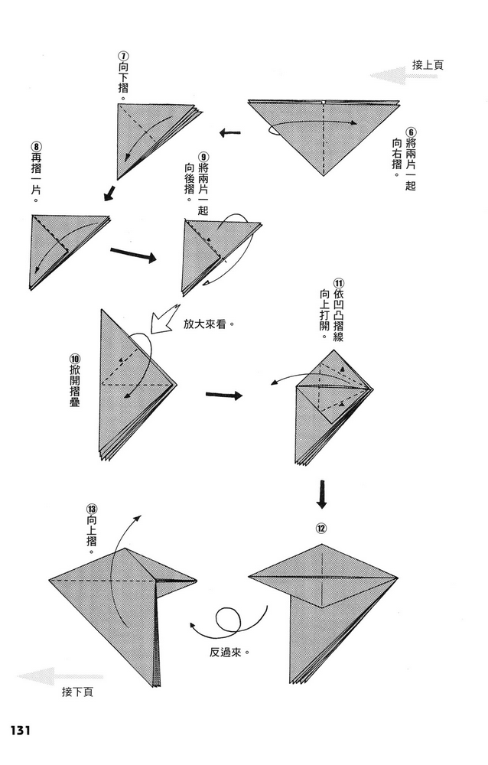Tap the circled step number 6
(411, 132)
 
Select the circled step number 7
(125, 56)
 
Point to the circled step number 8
(37, 146)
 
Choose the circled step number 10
(75, 357)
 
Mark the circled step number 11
(338, 284)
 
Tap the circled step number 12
(321, 529)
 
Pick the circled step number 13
(92, 508)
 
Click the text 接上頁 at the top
(428, 65)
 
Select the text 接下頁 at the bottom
(77, 692)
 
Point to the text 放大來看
(204, 324)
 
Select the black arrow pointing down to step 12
(321, 494)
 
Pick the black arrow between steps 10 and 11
(224, 395)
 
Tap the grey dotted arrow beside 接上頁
(387, 76)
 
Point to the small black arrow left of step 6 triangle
(229, 132)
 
